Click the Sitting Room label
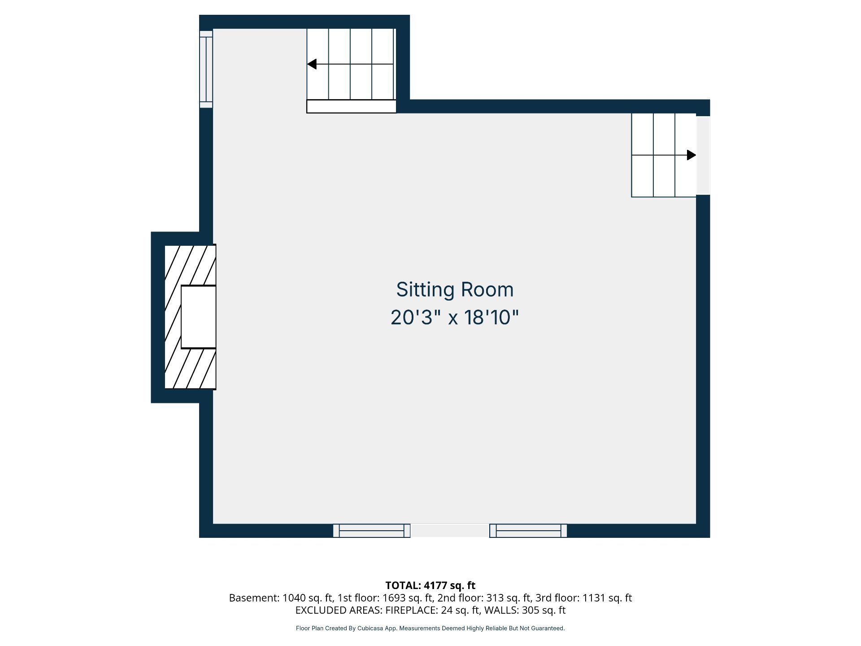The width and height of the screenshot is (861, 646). pyautogui.click(x=455, y=290)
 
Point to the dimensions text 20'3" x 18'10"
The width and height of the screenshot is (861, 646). pyautogui.click(x=455, y=318)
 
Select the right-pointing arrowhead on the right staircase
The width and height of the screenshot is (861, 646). pyautogui.click(x=691, y=155)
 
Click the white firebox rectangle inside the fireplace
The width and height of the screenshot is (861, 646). pyautogui.click(x=199, y=317)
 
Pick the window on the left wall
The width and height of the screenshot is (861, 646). pyautogui.click(x=206, y=69)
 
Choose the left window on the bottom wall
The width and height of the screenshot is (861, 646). pyautogui.click(x=372, y=531)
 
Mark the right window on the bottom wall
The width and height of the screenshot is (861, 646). pyautogui.click(x=528, y=531)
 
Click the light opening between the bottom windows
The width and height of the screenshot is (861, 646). pyautogui.click(x=450, y=531)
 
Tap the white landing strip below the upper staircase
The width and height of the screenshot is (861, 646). pyautogui.click(x=352, y=106)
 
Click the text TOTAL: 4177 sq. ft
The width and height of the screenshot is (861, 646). pyautogui.click(x=430, y=585)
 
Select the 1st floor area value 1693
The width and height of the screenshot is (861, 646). pyautogui.click(x=394, y=598)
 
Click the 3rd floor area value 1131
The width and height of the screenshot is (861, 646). pyautogui.click(x=594, y=598)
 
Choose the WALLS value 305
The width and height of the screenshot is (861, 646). pyautogui.click(x=531, y=611)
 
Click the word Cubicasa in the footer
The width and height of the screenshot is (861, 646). pyautogui.click(x=370, y=629)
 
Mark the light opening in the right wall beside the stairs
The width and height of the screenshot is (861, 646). pyautogui.click(x=703, y=155)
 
